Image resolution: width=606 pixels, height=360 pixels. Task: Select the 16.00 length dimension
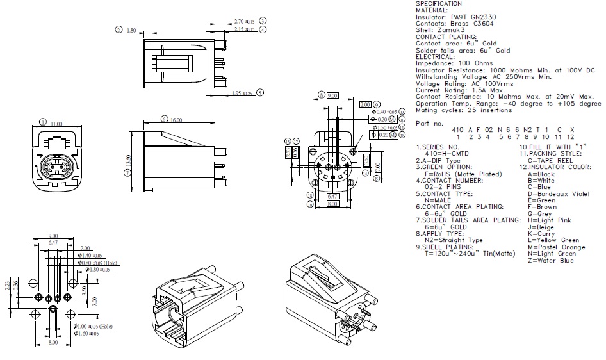tap(176, 120)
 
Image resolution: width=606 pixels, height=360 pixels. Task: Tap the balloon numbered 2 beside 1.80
tap(119, 29)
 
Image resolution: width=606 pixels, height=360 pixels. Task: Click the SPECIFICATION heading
tap(439, 4)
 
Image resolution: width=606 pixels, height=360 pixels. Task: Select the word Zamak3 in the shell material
tap(454, 30)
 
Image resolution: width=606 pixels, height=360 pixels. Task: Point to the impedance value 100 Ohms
tap(476, 63)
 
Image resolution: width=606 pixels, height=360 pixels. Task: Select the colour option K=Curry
tap(543, 234)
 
